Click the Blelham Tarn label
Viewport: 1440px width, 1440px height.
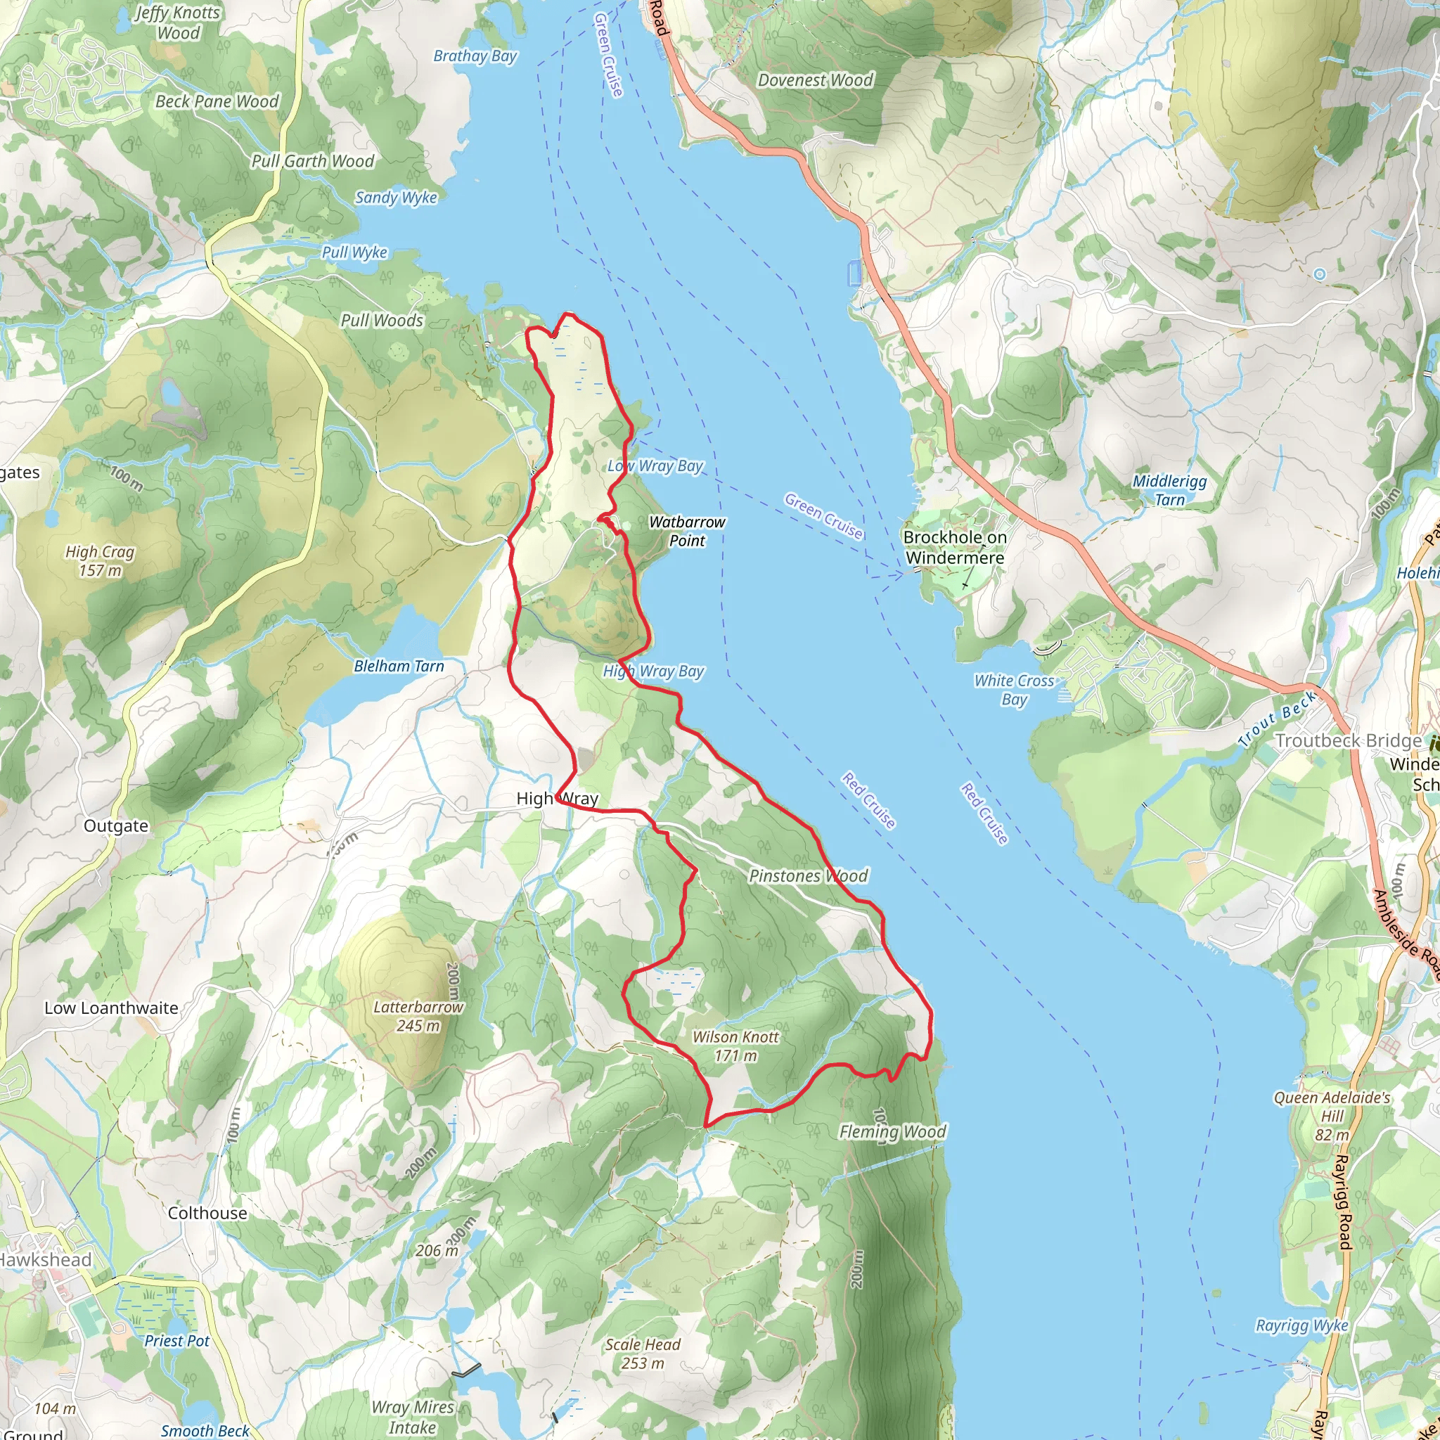(x=399, y=667)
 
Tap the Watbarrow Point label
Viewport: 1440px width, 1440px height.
(x=686, y=532)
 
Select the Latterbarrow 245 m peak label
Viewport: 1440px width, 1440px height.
(x=418, y=1017)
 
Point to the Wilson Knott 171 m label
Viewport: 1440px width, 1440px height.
(x=735, y=1046)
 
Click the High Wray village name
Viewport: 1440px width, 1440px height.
(x=558, y=799)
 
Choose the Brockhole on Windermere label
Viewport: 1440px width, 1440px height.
(x=955, y=548)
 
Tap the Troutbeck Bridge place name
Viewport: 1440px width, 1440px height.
(x=1349, y=741)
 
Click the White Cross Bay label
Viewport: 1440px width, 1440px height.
(x=1014, y=690)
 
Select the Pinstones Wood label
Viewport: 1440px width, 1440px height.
(x=809, y=877)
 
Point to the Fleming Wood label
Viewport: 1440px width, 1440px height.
(x=892, y=1132)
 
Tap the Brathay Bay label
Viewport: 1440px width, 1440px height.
(x=475, y=56)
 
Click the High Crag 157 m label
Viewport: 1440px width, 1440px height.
(x=100, y=561)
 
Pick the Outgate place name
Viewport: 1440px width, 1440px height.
(x=115, y=826)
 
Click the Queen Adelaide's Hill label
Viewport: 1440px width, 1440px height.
(x=1332, y=1116)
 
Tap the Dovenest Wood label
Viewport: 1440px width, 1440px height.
(x=816, y=80)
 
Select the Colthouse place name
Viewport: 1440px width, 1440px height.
(x=207, y=1214)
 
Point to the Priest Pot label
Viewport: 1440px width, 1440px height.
(x=176, y=1341)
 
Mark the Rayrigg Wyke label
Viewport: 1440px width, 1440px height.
(x=1302, y=1326)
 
